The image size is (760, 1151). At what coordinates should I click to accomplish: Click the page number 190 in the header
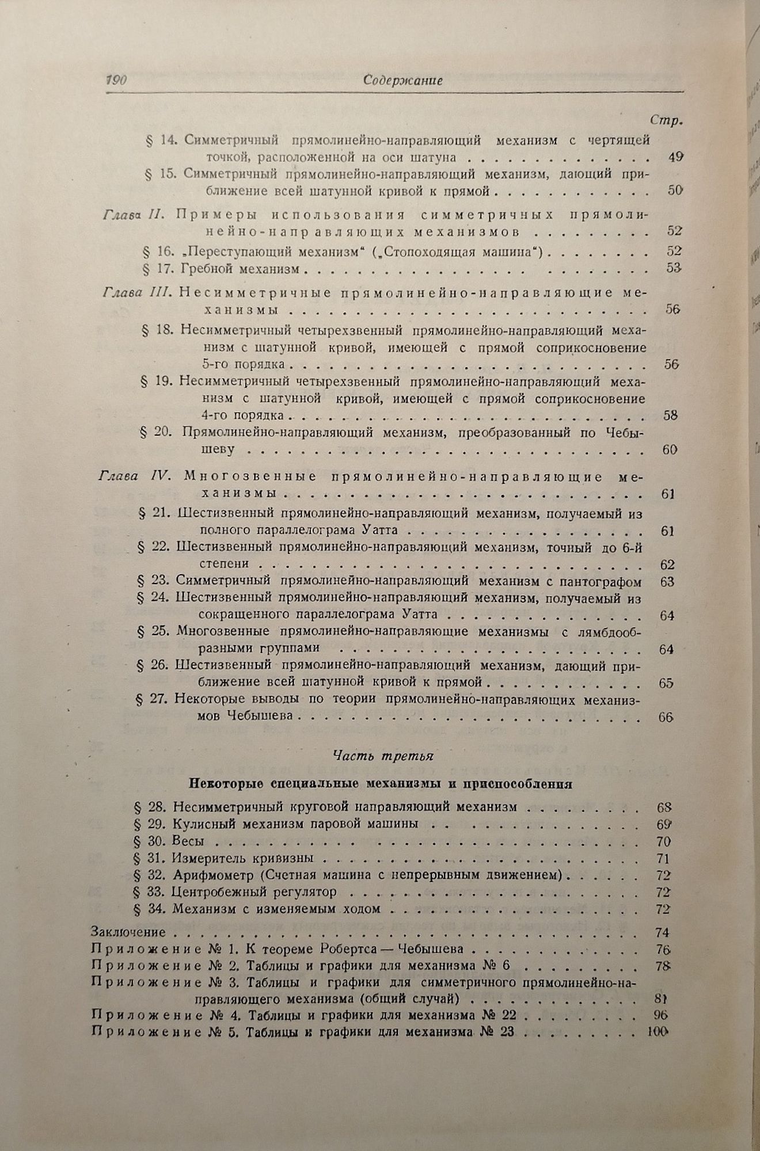click(x=116, y=81)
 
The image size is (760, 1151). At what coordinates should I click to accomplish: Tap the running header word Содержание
click(x=403, y=81)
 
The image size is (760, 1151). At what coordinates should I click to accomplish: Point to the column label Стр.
click(x=666, y=120)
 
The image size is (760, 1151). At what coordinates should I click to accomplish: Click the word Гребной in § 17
click(x=204, y=269)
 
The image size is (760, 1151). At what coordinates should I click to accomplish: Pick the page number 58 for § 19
click(x=670, y=415)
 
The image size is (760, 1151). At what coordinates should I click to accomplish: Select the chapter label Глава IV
click(x=133, y=477)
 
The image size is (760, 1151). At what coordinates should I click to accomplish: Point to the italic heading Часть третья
click(x=383, y=757)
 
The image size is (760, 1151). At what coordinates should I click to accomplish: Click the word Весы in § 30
click(x=188, y=841)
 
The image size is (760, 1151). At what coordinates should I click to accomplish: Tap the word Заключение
click(x=128, y=932)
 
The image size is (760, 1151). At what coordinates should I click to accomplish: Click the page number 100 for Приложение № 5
click(x=656, y=1032)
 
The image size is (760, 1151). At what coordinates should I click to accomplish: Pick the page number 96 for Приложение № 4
click(x=661, y=1014)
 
